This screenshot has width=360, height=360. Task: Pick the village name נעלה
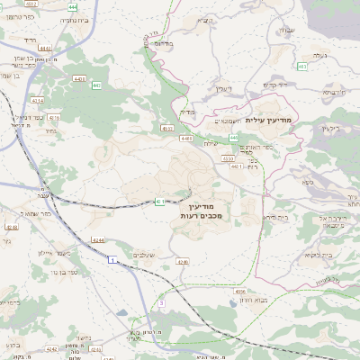click(319, 55)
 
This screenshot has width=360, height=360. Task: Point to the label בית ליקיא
click(318, 256)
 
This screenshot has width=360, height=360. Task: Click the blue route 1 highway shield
click(111, 260)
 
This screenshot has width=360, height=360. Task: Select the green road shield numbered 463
click(301, 66)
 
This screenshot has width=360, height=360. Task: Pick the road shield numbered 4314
click(37, 101)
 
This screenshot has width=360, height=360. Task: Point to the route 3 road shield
click(161, 303)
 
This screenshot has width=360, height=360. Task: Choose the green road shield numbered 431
click(159, 201)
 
